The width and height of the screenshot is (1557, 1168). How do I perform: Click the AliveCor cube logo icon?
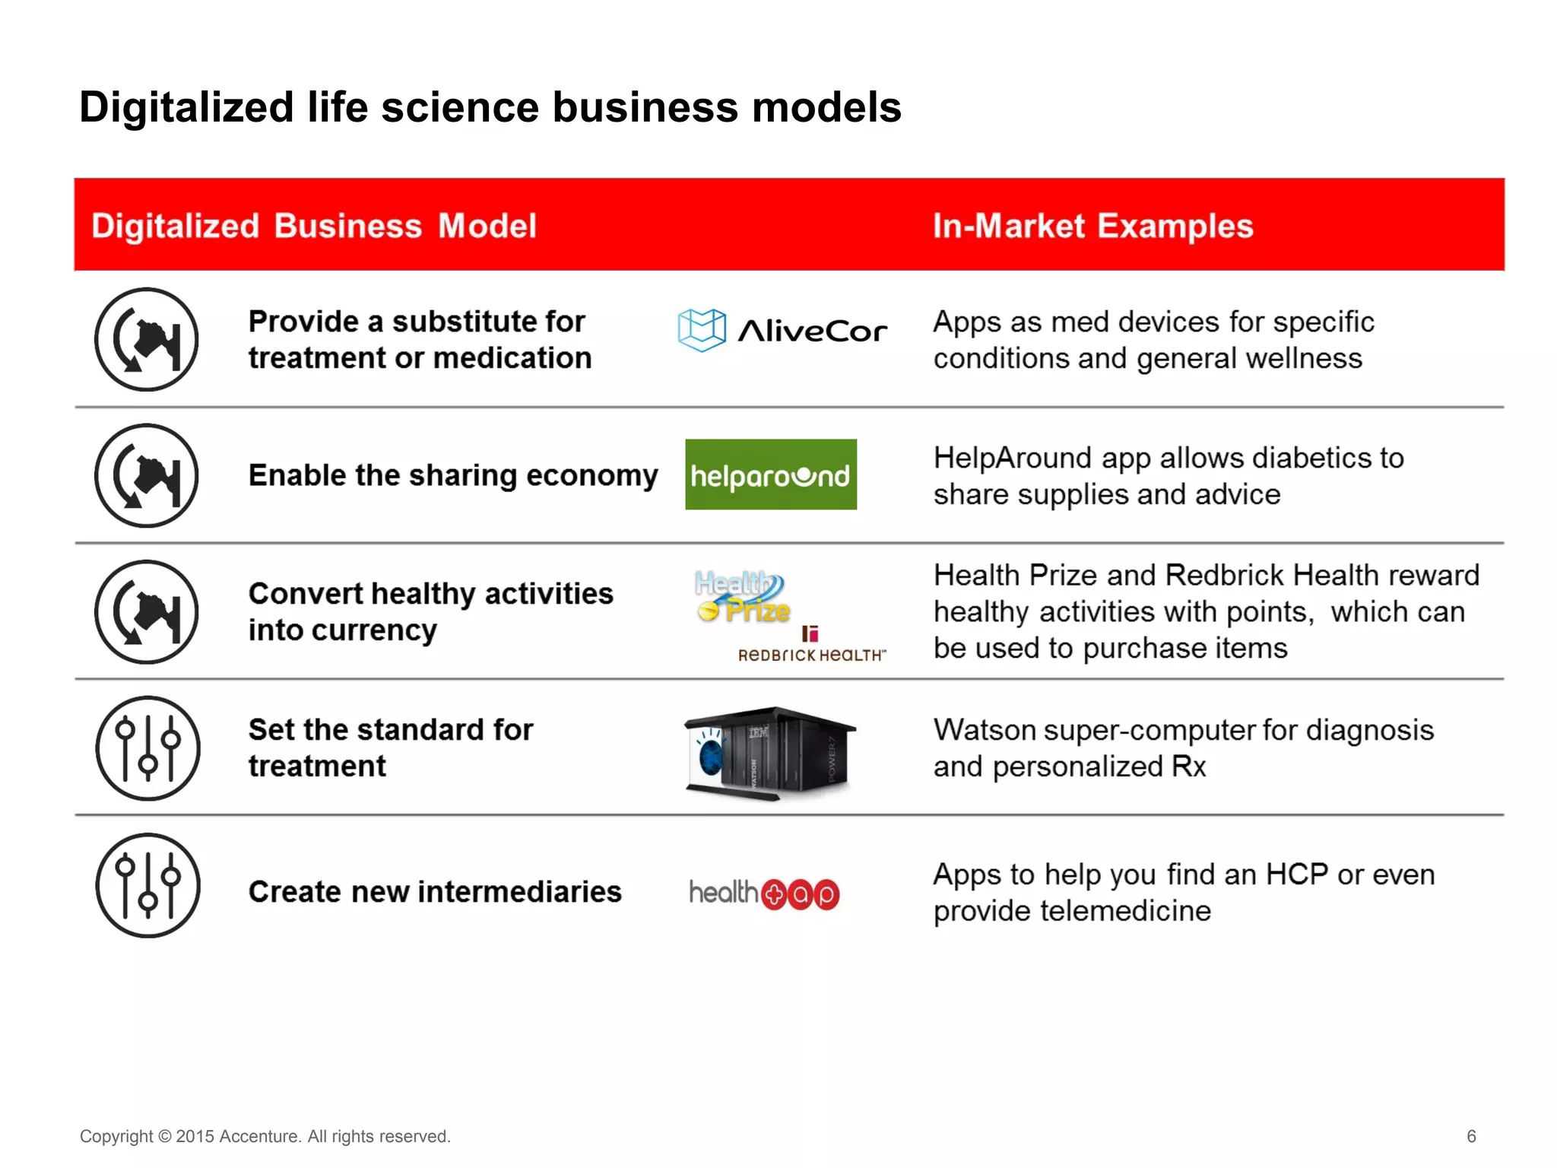701,330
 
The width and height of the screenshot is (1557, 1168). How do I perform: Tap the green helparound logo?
770,474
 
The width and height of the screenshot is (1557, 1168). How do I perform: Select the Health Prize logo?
742,597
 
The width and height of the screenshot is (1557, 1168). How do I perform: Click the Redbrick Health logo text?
811,655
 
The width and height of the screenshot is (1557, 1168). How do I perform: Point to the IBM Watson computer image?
769,753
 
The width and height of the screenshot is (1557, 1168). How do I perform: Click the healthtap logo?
764,893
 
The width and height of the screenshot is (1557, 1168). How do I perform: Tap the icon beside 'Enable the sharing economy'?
147,475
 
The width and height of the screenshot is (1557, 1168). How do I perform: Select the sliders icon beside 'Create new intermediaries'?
147,885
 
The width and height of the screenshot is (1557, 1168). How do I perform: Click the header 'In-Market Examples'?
1092,226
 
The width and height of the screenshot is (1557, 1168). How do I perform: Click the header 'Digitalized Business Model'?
314,226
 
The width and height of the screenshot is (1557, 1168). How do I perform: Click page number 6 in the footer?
1470,1136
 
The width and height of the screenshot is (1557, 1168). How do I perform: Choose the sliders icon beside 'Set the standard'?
147,748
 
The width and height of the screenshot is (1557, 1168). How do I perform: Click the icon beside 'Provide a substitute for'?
147,339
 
